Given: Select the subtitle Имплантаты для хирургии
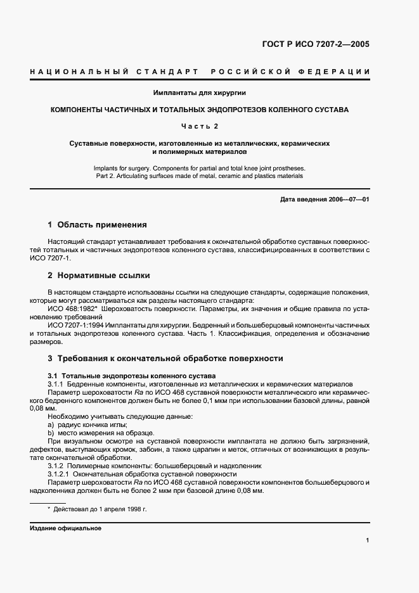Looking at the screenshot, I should [x=200, y=93].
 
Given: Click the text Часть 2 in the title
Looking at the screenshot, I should [x=200, y=126].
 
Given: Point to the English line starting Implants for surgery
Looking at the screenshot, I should [x=200, y=168].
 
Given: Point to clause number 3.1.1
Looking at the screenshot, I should [x=57, y=384].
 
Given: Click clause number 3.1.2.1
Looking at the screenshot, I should [x=60, y=474].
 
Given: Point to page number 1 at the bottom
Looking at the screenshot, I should [x=367, y=540].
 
